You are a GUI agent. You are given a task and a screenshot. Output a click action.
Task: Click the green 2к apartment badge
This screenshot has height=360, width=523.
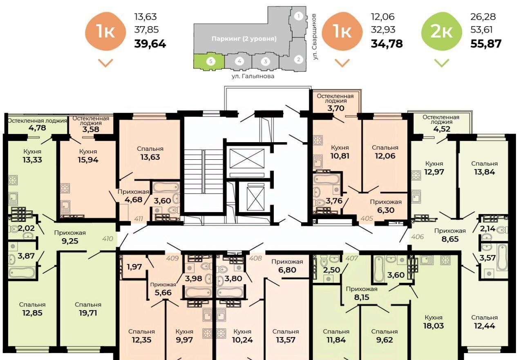[442, 31]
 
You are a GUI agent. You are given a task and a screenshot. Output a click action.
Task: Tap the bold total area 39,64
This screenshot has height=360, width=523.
[150, 44]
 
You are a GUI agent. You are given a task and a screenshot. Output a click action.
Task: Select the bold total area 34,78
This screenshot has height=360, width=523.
[387, 44]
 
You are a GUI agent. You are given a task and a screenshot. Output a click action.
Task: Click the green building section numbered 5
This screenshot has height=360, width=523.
[209, 61]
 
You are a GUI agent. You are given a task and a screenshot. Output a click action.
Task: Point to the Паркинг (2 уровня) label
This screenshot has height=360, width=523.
[244, 39]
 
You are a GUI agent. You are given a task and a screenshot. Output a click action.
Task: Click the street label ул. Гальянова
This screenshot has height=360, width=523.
[253, 76]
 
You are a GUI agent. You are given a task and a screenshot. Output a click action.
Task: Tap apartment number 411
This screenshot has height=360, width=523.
[139, 219]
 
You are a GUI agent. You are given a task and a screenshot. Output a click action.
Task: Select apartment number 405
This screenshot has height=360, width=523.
[367, 218]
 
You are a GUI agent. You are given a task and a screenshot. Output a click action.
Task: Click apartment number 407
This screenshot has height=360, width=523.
[352, 258]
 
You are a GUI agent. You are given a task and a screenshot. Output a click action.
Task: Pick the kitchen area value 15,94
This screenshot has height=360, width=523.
[88, 160]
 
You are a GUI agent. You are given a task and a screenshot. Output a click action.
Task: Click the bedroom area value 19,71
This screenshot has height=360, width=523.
[88, 313]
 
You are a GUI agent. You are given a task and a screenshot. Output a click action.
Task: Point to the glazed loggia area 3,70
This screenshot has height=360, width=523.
[335, 108]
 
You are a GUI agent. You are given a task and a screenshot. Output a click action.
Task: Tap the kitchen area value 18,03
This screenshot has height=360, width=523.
[434, 326]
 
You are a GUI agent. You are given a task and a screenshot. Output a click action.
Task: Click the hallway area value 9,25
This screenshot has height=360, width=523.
[70, 241]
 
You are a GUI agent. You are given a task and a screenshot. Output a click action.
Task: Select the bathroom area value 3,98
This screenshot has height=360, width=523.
[194, 279]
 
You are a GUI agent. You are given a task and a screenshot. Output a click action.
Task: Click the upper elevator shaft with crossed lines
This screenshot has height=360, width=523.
[247, 159]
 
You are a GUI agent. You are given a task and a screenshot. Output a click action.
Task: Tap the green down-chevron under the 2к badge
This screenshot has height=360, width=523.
[442, 63]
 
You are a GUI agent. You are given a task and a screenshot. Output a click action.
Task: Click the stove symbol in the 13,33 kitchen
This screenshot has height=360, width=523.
[13, 180]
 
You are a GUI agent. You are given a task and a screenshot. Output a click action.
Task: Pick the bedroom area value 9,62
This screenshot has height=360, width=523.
[384, 340]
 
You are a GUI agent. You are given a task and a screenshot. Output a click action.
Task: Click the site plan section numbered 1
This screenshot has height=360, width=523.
[298, 16]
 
